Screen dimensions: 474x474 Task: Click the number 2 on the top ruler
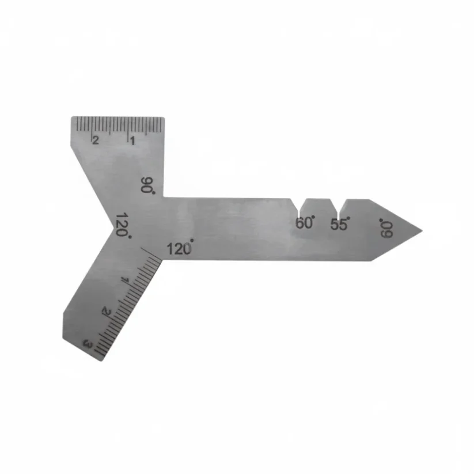pyautogui.click(x=96, y=141)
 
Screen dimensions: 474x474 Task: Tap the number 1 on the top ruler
pyautogui.click(x=132, y=141)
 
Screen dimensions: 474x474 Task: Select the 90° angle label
pyautogui.click(x=148, y=185)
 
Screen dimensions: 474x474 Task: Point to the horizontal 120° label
pyautogui.click(x=180, y=248)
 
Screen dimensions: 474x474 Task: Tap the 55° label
pyautogui.click(x=340, y=223)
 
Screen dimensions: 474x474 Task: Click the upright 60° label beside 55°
pyautogui.click(x=305, y=223)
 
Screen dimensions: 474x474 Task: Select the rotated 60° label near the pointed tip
pyautogui.click(x=386, y=228)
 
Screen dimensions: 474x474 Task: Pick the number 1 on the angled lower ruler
pyautogui.click(x=125, y=280)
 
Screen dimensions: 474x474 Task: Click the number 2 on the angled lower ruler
pyautogui.click(x=107, y=311)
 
